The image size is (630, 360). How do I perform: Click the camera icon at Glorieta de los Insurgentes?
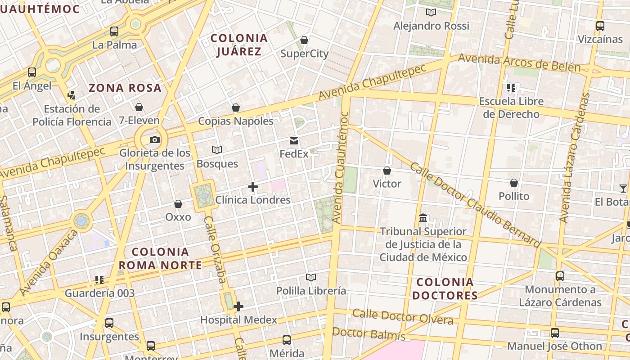click(155, 139)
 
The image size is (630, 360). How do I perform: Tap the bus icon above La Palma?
click(114, 31)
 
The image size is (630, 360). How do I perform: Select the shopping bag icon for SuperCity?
click(304, 40)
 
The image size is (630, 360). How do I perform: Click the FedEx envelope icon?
click(294, 141)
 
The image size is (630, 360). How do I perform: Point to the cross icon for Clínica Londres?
click(253, 187)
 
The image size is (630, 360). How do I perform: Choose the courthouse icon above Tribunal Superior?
click(423, 218)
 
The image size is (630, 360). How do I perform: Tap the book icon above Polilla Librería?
click(311, 277)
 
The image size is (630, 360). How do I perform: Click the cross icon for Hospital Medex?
click(238, 306)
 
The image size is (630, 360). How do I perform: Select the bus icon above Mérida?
click(287, 340)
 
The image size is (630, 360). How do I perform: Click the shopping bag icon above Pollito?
click(514, 183)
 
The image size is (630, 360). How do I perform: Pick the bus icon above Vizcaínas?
click(600, 26)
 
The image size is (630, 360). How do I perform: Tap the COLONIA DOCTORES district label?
click(445, 289)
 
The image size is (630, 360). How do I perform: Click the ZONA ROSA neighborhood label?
click(125, 88)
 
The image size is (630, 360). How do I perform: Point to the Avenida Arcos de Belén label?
click(519, 63)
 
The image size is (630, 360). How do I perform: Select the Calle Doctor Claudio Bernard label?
click(475, 205)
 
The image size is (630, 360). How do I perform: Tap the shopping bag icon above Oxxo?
click(178, 204)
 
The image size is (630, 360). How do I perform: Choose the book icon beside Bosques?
click(217, 150)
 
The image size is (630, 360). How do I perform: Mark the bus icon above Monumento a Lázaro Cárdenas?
click(560, 276)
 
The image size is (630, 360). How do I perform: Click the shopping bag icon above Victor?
click(387, 171)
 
